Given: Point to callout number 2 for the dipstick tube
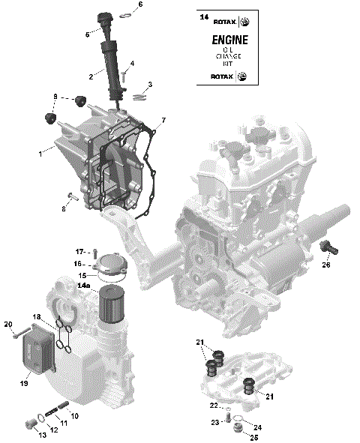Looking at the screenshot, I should point(91,76).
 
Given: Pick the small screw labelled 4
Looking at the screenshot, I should point(124,75).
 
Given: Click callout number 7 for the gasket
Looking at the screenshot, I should point(163,120).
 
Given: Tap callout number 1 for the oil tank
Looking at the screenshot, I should point(40,153).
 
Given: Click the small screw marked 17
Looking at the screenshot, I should point(97,251).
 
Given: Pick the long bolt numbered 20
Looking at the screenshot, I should point(20,331).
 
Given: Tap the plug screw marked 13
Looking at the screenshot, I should point(31,425).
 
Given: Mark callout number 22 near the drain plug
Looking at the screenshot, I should point(214,406).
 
